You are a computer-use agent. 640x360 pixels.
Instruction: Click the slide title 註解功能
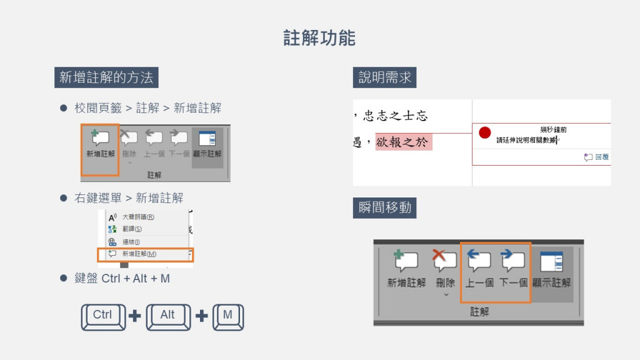(319, 38)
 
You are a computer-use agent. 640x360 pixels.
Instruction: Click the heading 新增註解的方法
(106, 77)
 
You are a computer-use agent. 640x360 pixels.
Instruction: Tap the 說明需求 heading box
(384, 77)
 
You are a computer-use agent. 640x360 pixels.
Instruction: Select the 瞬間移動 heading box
(384, 207)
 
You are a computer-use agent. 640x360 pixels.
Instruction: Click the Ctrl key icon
(102, 316)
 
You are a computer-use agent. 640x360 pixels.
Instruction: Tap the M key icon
(227, 316)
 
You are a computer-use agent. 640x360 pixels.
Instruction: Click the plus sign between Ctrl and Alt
(135, 316)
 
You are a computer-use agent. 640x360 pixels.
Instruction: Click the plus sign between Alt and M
(201, 316)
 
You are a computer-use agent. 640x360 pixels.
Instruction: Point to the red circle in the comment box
(485, 132)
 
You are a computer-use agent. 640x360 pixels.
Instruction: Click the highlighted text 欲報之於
(404, 142)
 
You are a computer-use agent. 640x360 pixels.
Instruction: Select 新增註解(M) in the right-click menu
(139, 254)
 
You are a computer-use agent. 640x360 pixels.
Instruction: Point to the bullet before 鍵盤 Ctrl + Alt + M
(63, 277)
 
